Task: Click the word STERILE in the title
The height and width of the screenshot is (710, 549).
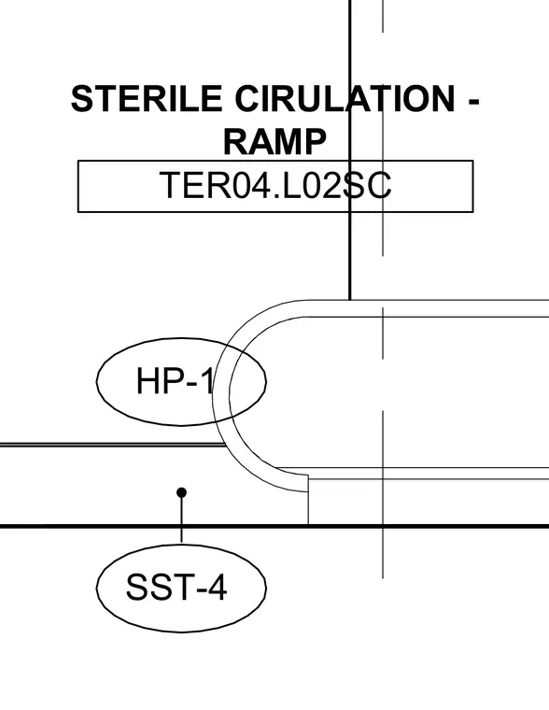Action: [147, 98]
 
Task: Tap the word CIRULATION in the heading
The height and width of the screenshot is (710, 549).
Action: [345, 98]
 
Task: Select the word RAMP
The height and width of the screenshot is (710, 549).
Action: [274, 141]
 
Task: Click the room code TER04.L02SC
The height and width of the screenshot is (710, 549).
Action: [275, 185]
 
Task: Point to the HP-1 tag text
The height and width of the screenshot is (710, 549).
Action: [175, 381]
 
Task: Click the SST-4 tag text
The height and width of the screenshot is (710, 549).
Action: [176, 588]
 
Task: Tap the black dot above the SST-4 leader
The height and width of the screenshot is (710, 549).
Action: [181, 492]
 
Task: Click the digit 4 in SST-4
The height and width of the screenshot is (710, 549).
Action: [218, 588]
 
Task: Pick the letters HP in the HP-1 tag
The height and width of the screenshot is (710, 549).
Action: [158, 381]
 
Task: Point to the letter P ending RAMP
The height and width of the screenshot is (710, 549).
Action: [315, 141]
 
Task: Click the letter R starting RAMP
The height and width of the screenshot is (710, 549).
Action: [235, 141]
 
